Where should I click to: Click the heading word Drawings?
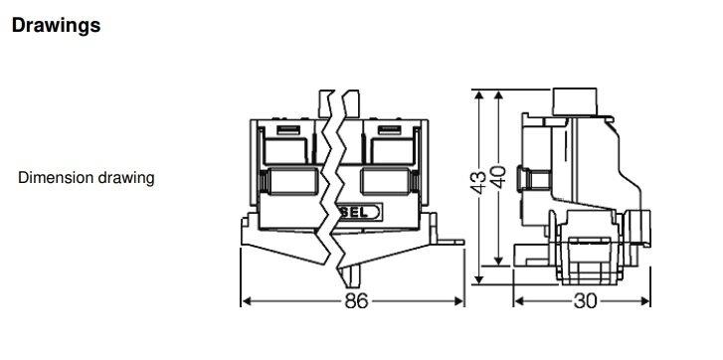[56, 26]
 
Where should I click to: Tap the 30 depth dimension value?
[586, 300]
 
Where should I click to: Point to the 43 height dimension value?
[480, 180]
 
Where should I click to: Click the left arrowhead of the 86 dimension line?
[247, 300]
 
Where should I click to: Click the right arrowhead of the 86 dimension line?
[463, 300]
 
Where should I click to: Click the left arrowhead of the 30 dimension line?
[517, 300]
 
